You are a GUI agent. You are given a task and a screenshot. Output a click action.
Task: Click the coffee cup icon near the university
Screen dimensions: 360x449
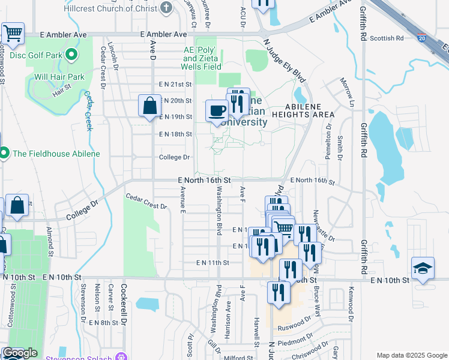[216, 110]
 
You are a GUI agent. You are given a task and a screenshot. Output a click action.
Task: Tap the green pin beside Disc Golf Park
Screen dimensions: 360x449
[71, 56]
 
